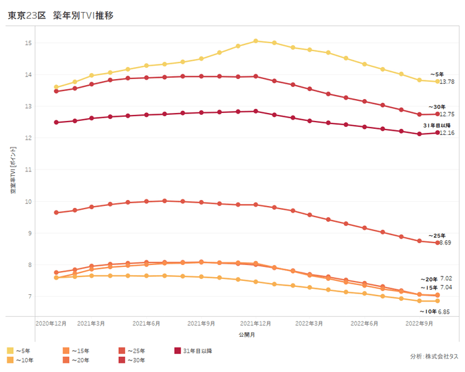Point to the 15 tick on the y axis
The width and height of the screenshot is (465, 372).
point(28,43)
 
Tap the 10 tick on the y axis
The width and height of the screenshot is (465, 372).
point(28,201)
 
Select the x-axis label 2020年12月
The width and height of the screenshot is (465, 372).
point(50,323)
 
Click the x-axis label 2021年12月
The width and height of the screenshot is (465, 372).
point(256,323)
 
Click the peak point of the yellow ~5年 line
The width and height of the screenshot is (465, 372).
point(256,41)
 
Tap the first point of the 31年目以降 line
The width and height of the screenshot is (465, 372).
point(56,122)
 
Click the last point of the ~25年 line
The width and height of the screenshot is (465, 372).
point(437,242)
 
